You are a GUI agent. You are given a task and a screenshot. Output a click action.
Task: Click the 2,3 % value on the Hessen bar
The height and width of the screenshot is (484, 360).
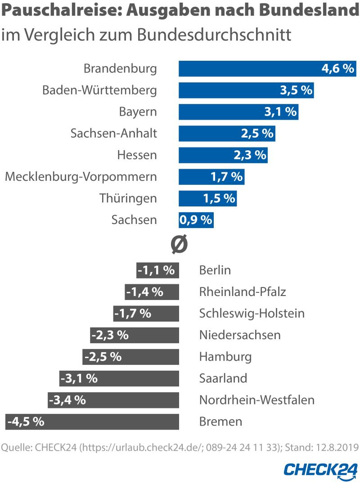pyautogui.click(x=250, y=155)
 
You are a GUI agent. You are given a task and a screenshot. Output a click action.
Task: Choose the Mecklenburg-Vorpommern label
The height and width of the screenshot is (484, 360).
pyautogui.click(x=81, y=177)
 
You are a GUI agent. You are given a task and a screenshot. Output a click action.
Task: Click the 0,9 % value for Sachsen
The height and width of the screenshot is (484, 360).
pyautogui.click(x=196, y=220)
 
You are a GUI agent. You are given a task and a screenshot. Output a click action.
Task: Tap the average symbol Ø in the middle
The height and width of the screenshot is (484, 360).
pyautogui.click(x=179, y=245)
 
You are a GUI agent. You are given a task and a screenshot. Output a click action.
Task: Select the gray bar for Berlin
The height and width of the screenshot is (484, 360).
pyautogui.click(x=158, y=270)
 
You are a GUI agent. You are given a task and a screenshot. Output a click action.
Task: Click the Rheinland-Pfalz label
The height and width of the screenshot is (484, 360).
pyautogui.click(x=242, y=292)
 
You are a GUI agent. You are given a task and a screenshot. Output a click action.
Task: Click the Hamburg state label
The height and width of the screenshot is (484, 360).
pyautogui.click(x=225, y=357)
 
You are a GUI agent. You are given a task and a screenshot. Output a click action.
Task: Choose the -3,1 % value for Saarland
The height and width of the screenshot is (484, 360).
pyautogui.click(x=79, y=378)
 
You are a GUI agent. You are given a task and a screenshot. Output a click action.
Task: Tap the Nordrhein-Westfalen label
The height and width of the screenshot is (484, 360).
pyautogui.click(x=256, y=400)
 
